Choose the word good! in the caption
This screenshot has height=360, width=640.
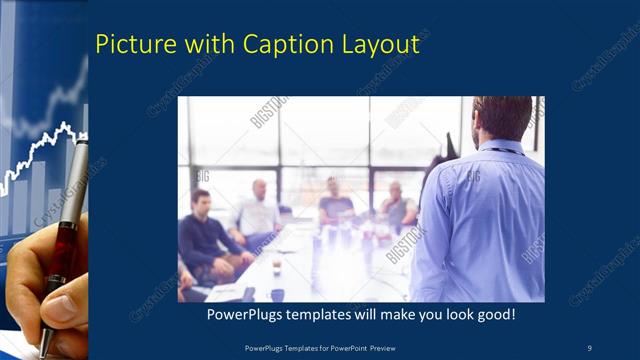point(493,315)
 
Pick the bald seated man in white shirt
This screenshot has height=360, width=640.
point(258,210)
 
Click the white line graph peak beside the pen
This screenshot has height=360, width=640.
point(66,127)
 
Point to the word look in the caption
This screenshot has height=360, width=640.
point(447,315)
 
